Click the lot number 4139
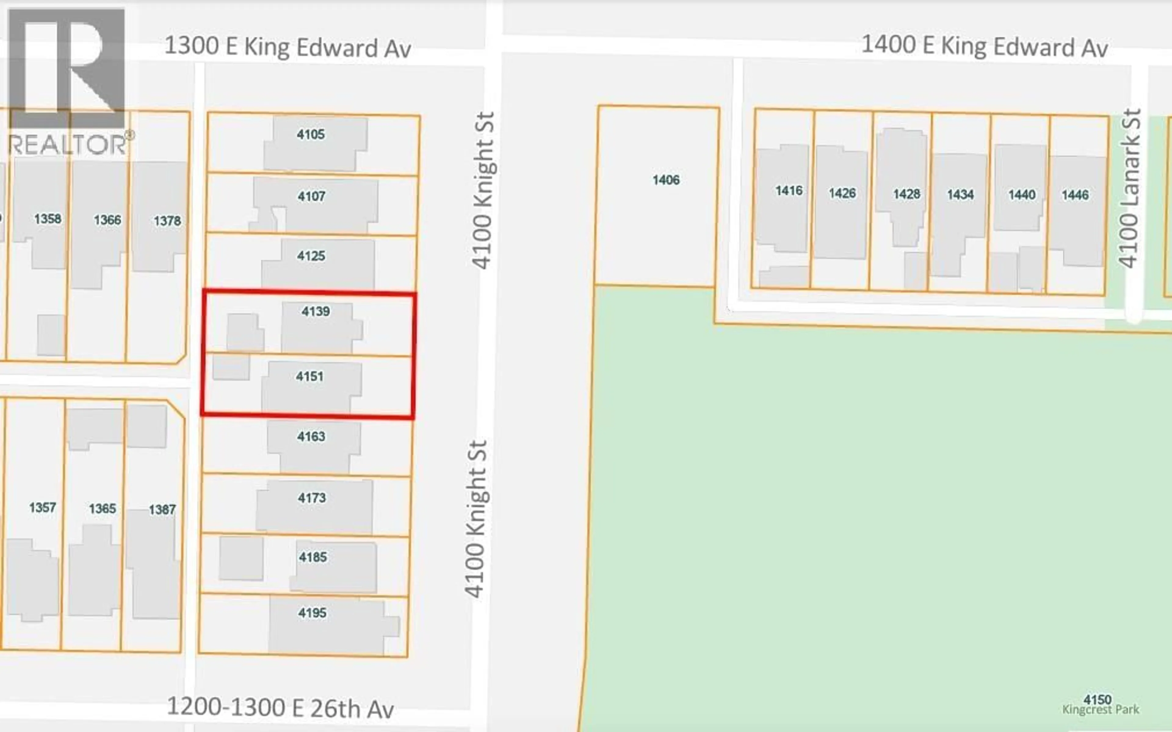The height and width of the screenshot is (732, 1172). pos(316,311)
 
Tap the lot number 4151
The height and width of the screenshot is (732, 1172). pos(310,376)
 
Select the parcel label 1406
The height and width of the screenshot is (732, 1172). pos(666,180)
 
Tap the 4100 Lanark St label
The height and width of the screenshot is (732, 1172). pos(1129,189)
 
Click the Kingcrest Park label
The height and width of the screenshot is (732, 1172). pos(1100,710)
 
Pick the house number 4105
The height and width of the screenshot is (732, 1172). pos(311,134)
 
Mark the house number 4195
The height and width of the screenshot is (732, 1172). pos(312,613)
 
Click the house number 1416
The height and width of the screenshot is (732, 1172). pos(789,191)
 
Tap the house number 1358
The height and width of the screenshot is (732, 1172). pos(47,219)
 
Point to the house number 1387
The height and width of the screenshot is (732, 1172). pos(162,509)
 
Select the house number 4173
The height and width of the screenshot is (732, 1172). pos(312,498)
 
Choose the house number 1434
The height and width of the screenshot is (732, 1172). pos(960,195)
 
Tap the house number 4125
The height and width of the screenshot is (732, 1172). pos(311,256)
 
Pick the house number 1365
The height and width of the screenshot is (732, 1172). pos(102,508)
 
